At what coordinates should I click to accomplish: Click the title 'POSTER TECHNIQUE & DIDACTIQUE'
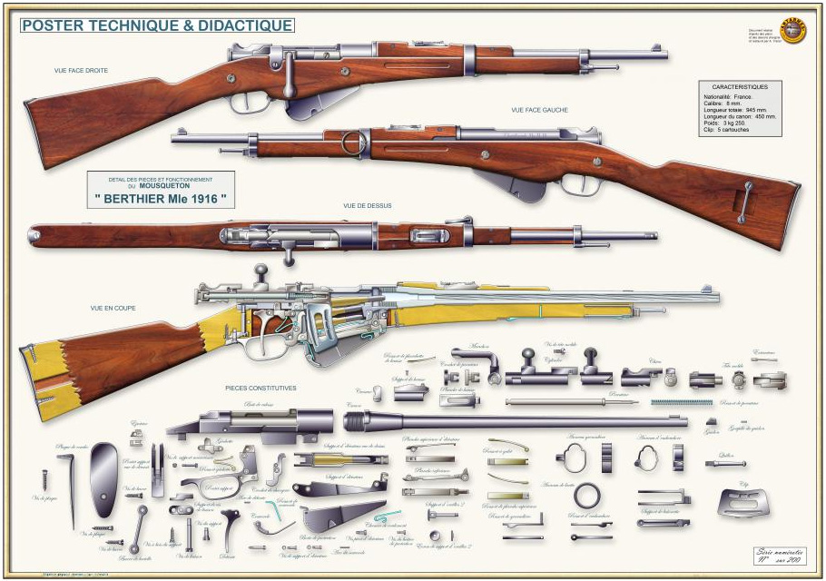[157, 25]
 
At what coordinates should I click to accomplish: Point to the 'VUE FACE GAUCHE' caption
[539, 110]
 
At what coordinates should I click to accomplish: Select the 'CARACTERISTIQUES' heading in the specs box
[740, 87]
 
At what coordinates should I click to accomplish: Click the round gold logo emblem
[793, 30]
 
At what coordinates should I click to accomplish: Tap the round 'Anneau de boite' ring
[587, 496]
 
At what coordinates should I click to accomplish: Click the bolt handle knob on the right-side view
[290, 91]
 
